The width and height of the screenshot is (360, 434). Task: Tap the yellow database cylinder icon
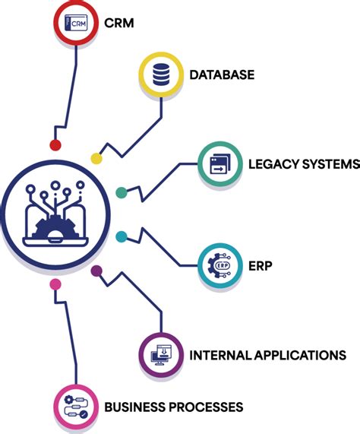[162, 74]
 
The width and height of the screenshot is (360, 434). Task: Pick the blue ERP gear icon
[220, 266]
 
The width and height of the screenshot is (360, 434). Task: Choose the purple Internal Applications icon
[162, 354]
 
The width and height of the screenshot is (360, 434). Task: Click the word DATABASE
[222, 74]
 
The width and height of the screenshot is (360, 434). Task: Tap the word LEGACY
[273, 163]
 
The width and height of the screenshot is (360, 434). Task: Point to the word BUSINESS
[134, 407]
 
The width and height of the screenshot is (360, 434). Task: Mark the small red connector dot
[55, 144]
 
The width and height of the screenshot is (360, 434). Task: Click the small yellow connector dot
[96, 159]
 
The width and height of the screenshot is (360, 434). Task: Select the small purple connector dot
[96, 271]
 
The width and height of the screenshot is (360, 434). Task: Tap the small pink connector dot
[55, 285]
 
